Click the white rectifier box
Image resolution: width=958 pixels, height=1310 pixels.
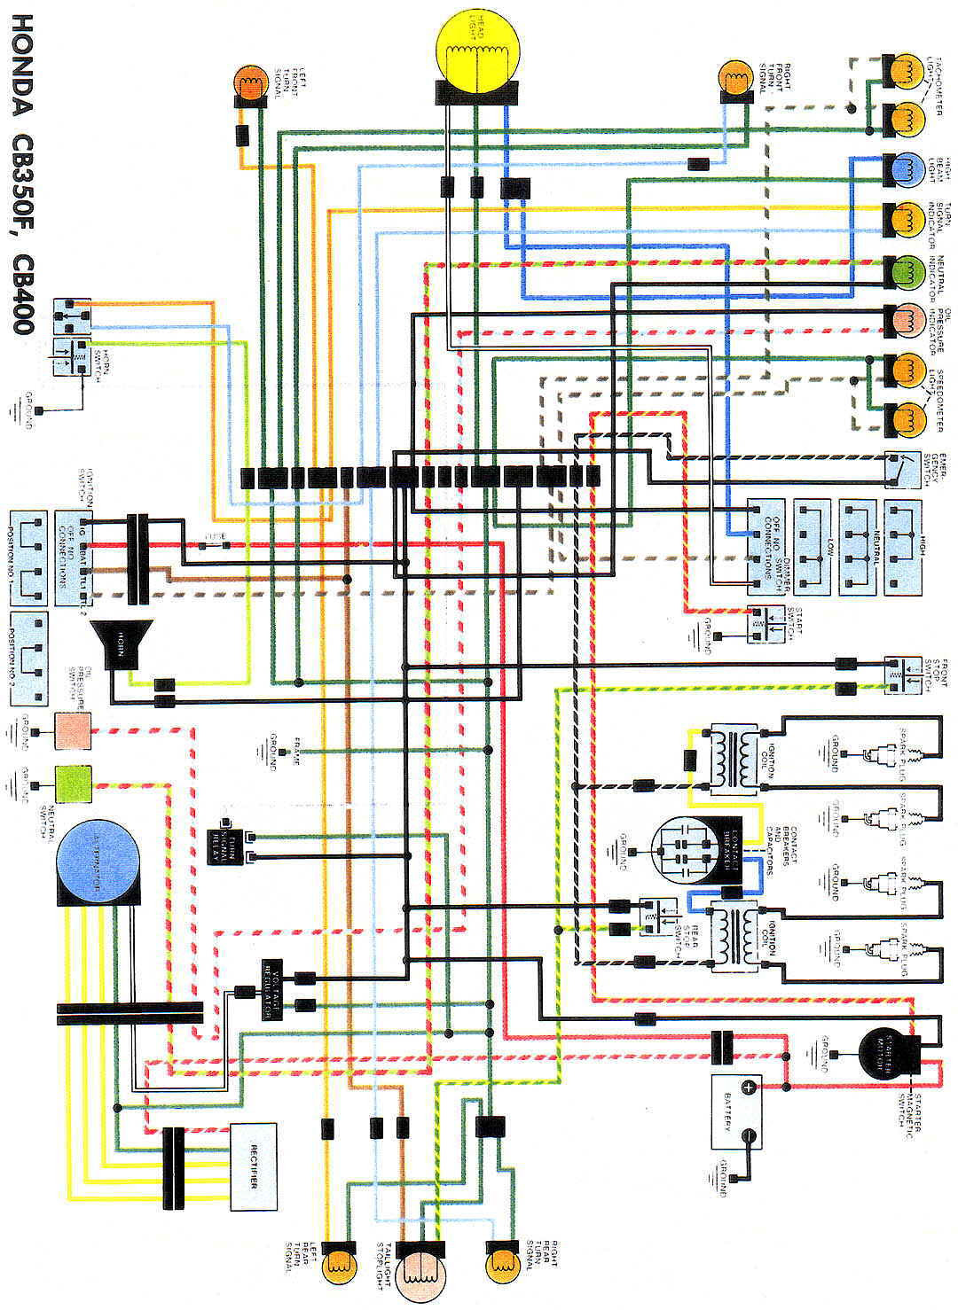(x=254, y=1166)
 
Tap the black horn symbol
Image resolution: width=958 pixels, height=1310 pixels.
(x=121, y=643)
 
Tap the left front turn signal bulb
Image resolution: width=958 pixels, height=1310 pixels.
(x=250, y=84)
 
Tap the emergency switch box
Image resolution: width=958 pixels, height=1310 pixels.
(x=905, y=470)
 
